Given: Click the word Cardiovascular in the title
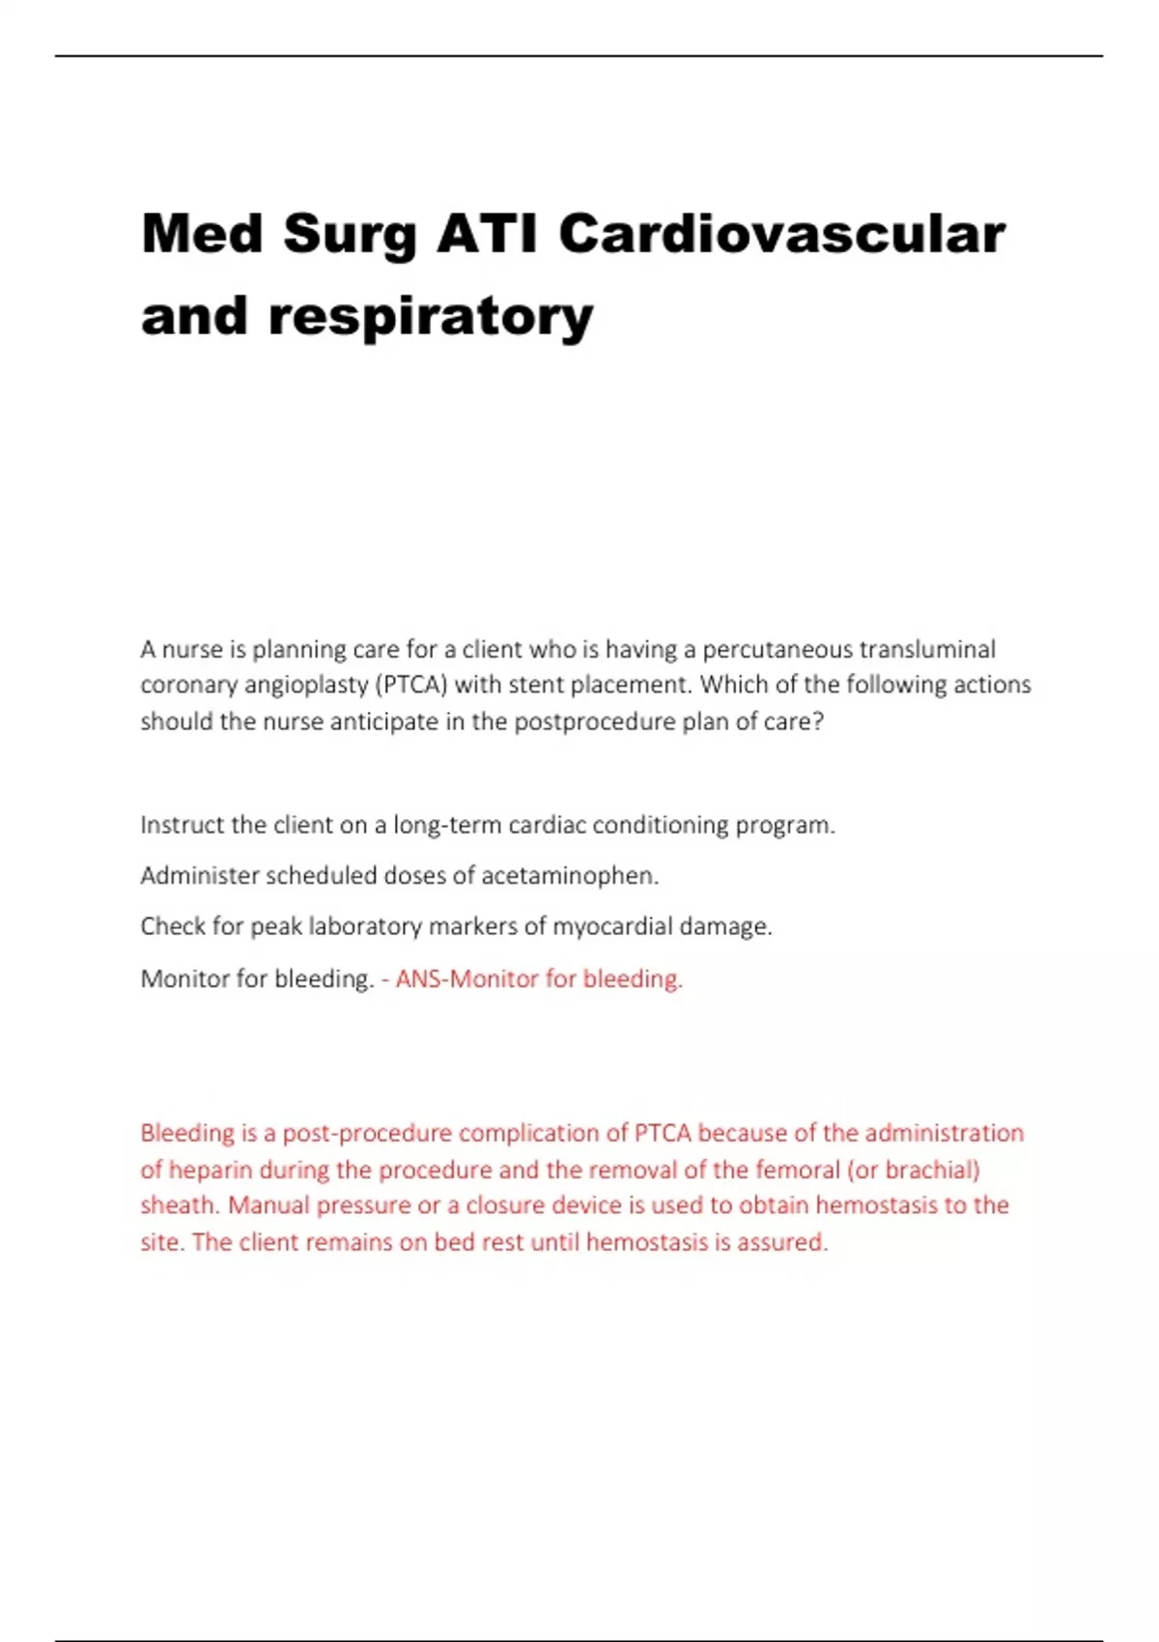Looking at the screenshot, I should click(x=781, y=234).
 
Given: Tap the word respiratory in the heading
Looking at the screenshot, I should click(x=431, y=317).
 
